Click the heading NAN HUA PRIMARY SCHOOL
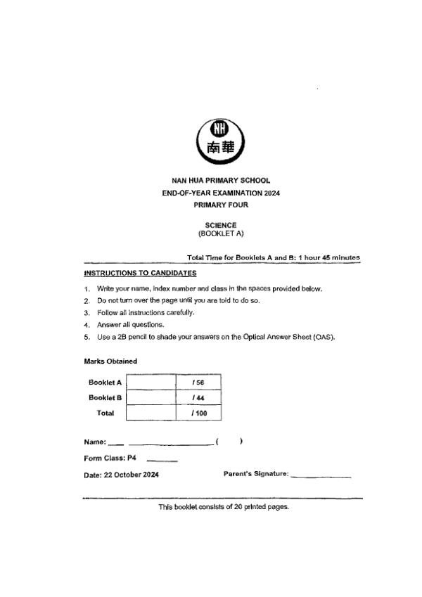[x=221, y=181]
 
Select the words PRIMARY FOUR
[x=221, y=205]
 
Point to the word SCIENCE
[x=221, y=225]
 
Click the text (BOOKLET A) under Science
[x=221, y=233]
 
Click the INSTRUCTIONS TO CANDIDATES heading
[x=140, y=273]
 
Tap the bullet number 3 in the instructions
[x=87, y=313]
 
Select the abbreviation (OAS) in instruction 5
[x=324, y=337]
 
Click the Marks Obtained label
[x=110, y=361]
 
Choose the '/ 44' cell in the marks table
[x=198, y=398]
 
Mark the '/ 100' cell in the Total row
[x=198, y=413]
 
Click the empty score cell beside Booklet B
[x=150, y=398]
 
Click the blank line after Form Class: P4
[x=162, y=461]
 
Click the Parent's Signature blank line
[x=321, y=476]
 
